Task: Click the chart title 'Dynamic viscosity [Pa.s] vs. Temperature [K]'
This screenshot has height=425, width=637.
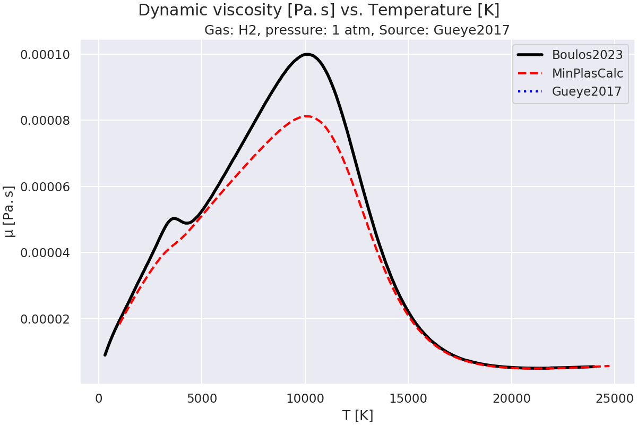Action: pyautogui.click(x=318, y=10)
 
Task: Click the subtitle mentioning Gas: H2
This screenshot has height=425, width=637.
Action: pyautogui.click(x=357, y=30)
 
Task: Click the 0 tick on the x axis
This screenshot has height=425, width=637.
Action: pyautogui.click(x=99, y=397)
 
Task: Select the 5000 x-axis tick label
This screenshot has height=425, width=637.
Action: pyautogui.click(x=202, y=397)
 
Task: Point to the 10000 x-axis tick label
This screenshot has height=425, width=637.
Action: pyautogui.click(x=305, y=397)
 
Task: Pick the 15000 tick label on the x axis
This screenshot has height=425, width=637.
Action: pyautogui.click(x=408, y=397)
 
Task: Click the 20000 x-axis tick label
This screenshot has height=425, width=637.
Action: pyautogui.click(x=511, y=397)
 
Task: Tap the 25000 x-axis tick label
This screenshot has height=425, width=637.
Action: pyautogui.click(x=614, y=397)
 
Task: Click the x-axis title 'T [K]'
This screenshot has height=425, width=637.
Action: pyautogui.click(x=358, y=415)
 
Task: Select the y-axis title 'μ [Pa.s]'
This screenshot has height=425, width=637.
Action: pyautogui.click(x=9, y=218)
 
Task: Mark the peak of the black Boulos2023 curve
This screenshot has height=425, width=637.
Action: pyautogui.click(x=306, y=54)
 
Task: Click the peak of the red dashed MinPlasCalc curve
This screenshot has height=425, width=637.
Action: pyautogui.click(x=306, y=116)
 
